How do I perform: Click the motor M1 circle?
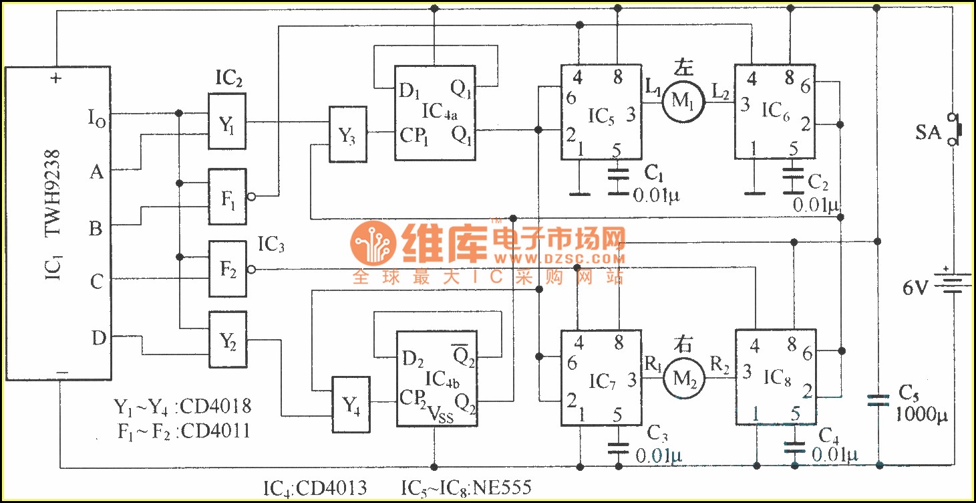[x=682, y=101]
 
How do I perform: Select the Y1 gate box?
[x=227, y=122]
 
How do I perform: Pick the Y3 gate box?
[x=347, y=134]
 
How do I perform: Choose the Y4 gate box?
[x=351, y=404]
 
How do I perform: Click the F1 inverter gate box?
[x=227, y=197]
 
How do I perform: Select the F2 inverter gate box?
[x=227, y=269]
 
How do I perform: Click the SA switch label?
[x=928, y=133]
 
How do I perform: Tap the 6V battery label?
[x=915, y=288]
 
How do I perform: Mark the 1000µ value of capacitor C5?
[x=922, y=417]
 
